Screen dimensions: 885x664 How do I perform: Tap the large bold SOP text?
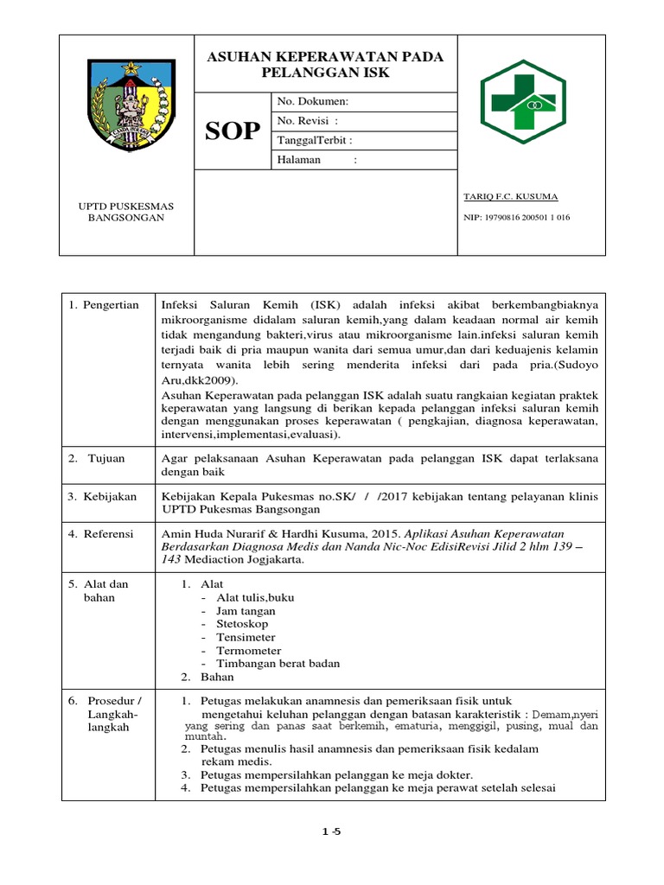point(233,131)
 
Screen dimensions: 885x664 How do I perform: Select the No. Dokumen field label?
point(312,102)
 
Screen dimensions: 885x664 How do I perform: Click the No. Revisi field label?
point(307,121)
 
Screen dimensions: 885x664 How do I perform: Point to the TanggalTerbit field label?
point(314,140)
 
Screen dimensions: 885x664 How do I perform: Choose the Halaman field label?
point(298,160)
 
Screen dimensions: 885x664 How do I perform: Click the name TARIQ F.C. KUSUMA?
point(510,197)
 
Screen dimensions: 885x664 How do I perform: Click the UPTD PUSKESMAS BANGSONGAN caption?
point(126,212)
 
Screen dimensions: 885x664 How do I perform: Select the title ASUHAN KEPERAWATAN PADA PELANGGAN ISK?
point(325,65)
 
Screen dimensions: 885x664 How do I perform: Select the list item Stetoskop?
point(242,623)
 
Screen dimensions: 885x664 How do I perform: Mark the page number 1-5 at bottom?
point(332,831)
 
